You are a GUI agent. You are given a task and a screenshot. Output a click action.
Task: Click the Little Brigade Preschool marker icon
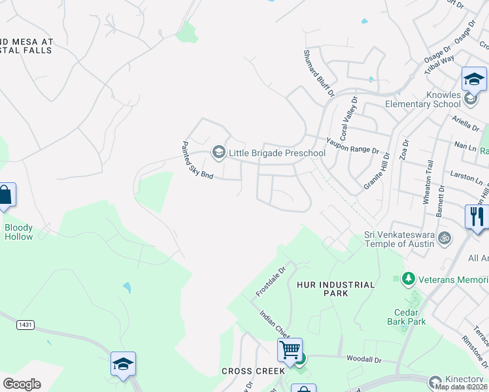tap(218, 153)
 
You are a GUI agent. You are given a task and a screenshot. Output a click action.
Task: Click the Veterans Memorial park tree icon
tap(409, 278)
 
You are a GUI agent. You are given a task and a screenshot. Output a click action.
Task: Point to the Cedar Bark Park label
tap(407, 317)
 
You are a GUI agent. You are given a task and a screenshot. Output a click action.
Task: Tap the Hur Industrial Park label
tap(335, 289)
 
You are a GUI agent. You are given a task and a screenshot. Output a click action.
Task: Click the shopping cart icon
tap(290, 349)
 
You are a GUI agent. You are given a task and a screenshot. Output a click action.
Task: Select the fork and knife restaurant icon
tap(477, 216)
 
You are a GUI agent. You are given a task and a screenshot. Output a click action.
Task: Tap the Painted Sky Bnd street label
tap(197, 161)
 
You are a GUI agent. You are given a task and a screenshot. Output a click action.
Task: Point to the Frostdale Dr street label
tap(271, 280)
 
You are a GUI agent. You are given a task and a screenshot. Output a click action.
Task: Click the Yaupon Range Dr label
tap(352, 145)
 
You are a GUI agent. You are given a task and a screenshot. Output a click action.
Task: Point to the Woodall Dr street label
tap(363, 359)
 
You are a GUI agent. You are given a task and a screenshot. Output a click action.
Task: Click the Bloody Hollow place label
tap(18, 232)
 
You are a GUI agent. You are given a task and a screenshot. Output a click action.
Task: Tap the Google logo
tap(22, 384)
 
